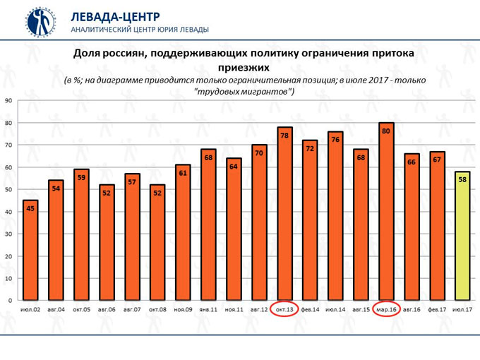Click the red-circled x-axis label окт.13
[x=285, y=309]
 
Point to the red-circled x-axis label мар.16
[x=386, y=309]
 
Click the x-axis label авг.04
[x=56, y=309]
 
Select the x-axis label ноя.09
[x=183, y=309]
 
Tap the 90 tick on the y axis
[x=8, y=100]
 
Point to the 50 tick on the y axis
[x=8, y=189]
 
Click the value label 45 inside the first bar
[x=30, y=208]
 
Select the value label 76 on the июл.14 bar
[x=335, y=140]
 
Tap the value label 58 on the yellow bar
[x=462, y=179]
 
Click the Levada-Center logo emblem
[x=41, y=23]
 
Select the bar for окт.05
[x=81, y=236]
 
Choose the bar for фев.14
[x=310, y=222]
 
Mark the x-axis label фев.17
[x=437, y=309]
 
